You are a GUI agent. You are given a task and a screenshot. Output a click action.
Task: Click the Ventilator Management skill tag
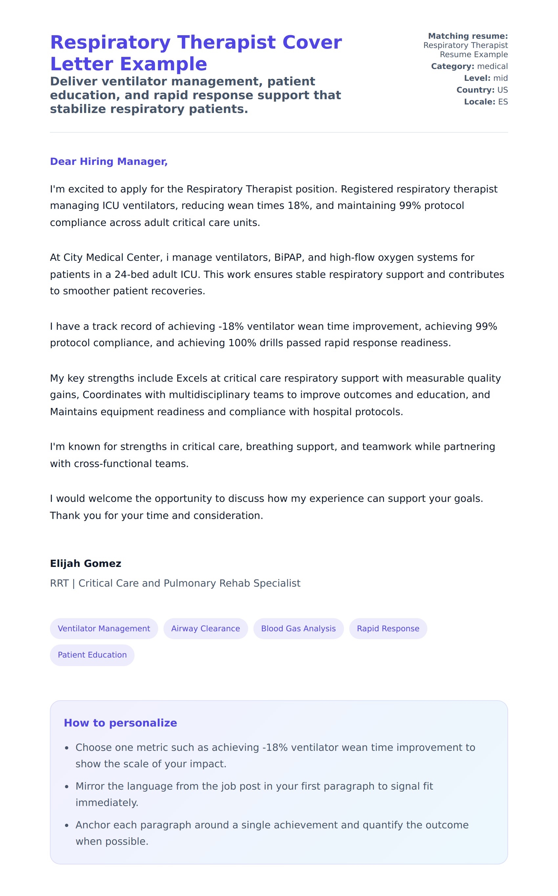point(104,628)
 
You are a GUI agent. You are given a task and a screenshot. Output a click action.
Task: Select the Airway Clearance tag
point(205,628)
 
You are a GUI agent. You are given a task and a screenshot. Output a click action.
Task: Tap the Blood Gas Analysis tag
point(298,628)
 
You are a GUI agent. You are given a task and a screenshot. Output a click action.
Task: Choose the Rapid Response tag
point(388,628)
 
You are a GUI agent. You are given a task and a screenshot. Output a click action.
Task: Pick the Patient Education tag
point(92,655)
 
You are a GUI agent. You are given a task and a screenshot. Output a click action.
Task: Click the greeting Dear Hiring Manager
point(109,161)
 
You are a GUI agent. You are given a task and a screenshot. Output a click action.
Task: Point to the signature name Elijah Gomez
point(85,563)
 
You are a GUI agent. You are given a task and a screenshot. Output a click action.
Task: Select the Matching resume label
point(468,36)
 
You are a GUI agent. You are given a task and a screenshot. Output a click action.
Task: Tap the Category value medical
point(492,66)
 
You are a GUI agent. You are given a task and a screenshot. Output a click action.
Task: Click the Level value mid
point(501,78)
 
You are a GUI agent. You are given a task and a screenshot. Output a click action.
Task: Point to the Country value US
point(502,90)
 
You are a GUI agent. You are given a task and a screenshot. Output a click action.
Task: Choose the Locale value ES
point(503,102)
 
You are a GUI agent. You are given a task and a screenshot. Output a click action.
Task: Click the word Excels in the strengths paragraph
point(192,378)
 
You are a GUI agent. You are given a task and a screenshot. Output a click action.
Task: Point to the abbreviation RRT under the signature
point(59,583)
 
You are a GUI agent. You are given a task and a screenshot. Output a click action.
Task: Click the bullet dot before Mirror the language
point(67,786)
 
